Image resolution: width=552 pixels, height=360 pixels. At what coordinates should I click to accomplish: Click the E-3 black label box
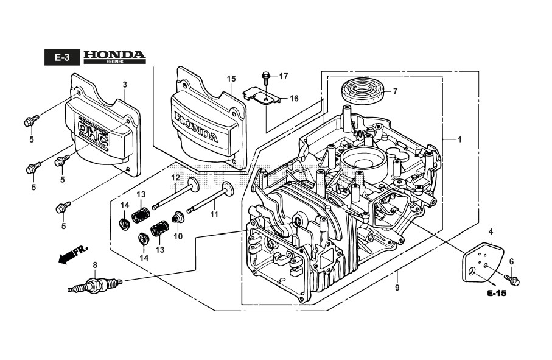(61, 58)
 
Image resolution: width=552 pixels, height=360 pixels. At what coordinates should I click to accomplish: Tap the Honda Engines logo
(114, 57)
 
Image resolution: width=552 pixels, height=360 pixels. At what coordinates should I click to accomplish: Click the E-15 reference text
(497, 294)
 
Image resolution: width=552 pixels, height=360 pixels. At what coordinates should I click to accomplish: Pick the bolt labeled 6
(513, 280)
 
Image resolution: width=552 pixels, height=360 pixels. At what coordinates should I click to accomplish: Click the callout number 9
(397, 287)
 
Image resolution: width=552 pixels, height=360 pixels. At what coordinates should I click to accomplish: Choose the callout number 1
(459, 139)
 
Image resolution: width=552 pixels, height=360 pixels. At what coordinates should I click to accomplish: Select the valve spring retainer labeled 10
(178, 217)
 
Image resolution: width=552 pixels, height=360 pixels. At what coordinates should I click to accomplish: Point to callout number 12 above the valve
(175, 178)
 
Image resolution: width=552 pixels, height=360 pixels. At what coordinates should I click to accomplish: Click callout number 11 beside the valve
(214, 214)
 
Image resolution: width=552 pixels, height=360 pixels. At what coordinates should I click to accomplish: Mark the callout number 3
(125, 84)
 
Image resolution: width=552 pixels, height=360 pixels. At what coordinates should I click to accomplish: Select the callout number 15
(231, 79)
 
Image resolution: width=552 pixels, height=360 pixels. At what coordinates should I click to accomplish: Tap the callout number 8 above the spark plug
(94, 264)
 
